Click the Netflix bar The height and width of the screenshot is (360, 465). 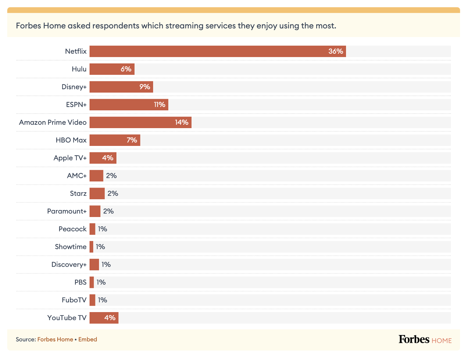pos(218,51)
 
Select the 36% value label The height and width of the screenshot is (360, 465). pos(336,51)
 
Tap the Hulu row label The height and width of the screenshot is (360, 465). pos(79,69)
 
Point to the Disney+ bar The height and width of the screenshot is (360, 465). pos(121,87)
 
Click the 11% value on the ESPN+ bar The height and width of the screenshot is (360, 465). pos(159,105)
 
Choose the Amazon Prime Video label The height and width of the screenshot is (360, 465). pos(53,122)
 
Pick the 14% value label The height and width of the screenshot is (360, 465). pos(181,122)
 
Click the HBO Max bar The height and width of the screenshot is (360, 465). pos(115,140)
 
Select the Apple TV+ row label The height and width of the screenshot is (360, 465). pos(70,158)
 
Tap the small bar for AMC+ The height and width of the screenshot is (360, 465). pos(96,176)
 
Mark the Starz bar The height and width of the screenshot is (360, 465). pos(97,193)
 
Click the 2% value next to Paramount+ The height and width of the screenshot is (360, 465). pos(108,211)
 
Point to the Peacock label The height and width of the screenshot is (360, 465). pos(73,229)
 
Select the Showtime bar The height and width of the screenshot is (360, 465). pos(91,247)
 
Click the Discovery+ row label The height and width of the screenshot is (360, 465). pos(69,265)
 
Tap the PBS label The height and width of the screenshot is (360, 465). pos(81,282)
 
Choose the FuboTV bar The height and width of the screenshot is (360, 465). pos(92,300)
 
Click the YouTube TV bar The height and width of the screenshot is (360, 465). pos(104,318)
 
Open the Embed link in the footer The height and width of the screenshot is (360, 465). pos(88,339)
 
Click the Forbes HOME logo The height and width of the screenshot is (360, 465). pos(425,340)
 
